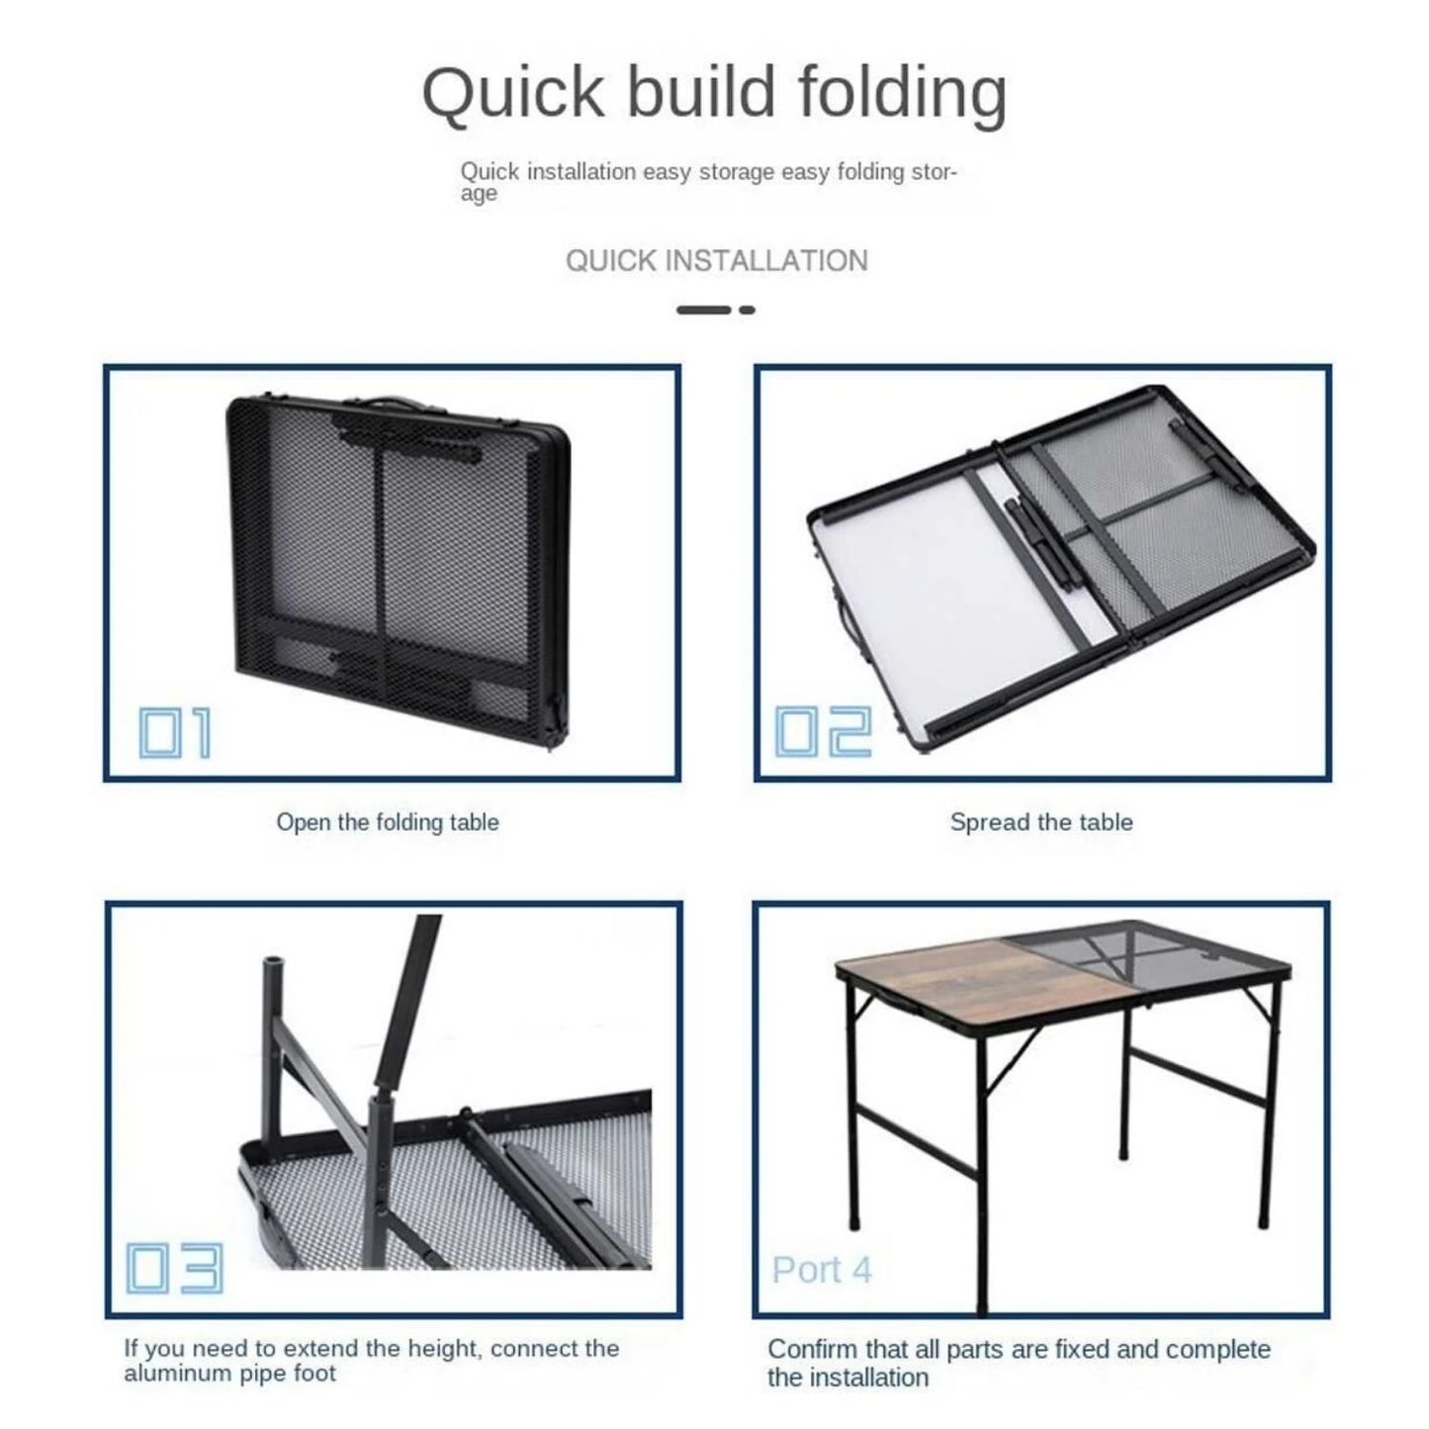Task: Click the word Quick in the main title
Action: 513,94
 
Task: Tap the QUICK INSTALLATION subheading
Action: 716,261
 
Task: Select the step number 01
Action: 175,733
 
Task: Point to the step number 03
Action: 174,1268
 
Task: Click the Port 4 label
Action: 822,1270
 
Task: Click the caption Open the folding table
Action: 387,823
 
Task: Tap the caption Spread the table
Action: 1041,822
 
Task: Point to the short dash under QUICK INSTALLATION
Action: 748,310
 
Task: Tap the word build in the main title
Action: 701,93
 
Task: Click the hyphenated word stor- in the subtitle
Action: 935,172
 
